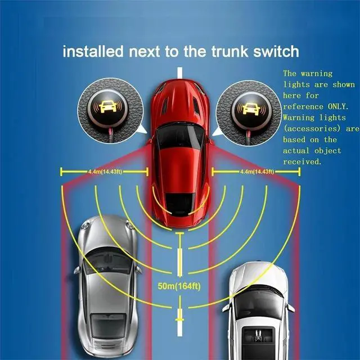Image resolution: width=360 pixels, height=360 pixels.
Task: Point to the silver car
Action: click(107, 281)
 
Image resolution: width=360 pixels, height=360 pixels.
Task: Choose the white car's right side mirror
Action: click(291, 308)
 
